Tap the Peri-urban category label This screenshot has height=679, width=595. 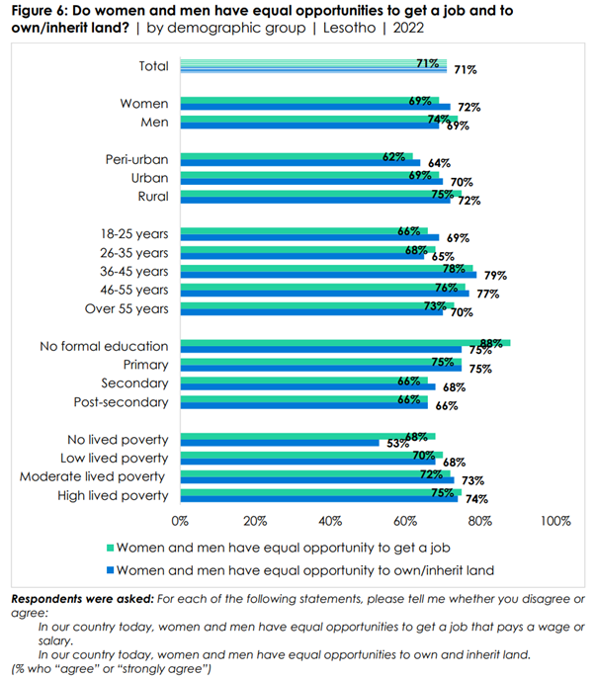click(137, 159)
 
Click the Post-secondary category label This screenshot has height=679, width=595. click(122, 402)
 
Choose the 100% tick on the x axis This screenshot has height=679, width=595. click(554, 520)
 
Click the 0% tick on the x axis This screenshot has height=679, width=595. click(180, 520)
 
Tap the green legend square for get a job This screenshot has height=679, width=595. click(111, 547)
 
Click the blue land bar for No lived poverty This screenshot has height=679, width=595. click(279, 443)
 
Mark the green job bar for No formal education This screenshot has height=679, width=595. click(345, 342)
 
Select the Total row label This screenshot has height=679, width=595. click(152, 66)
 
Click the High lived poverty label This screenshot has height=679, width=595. click(118, 495)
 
